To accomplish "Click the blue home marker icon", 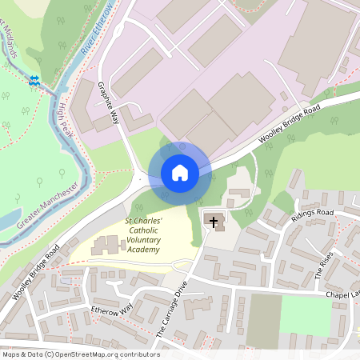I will pos(179,172).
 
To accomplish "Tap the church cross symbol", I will pos(214,220).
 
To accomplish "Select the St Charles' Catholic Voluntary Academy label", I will pos(143,234).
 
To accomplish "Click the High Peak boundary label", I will pos(65,119).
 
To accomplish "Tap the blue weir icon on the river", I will pos(34,80).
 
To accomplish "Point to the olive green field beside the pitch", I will pos(262,320).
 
